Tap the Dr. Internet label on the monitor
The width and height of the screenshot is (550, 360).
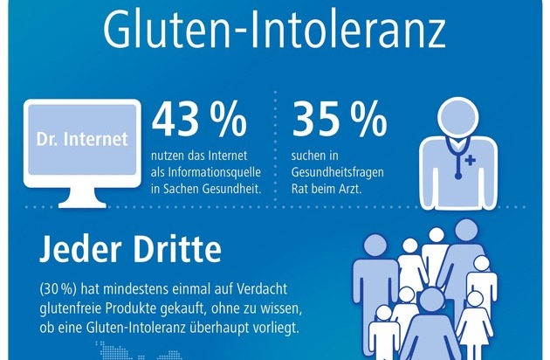click(x=83, y=139)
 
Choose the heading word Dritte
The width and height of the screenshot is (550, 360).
click(x=175, y=252)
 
